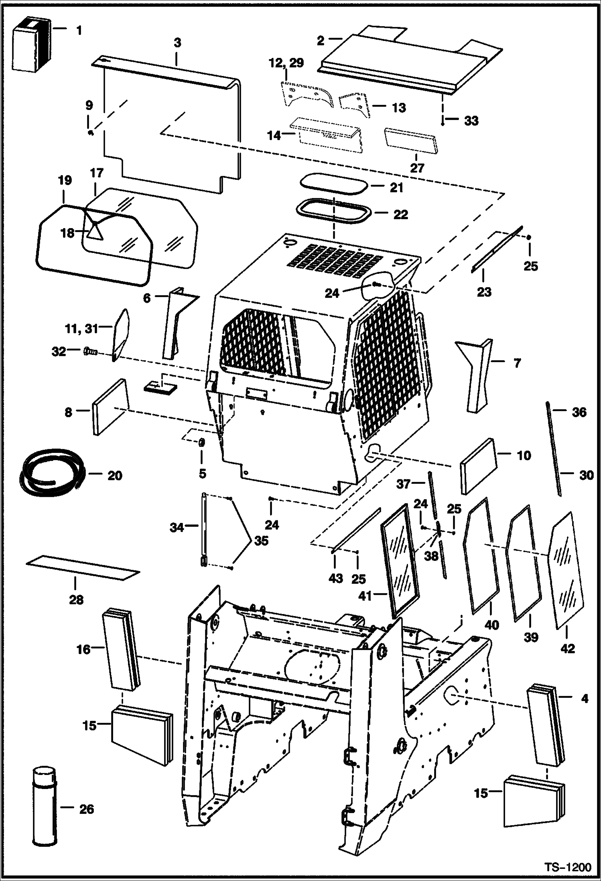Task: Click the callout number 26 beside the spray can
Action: point(86,809)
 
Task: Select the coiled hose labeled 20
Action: point(50,475)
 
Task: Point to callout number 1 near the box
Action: point(79,30)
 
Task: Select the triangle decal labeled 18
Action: point(95,231)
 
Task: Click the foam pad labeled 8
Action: point(110,407)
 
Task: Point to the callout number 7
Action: point(517,363)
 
